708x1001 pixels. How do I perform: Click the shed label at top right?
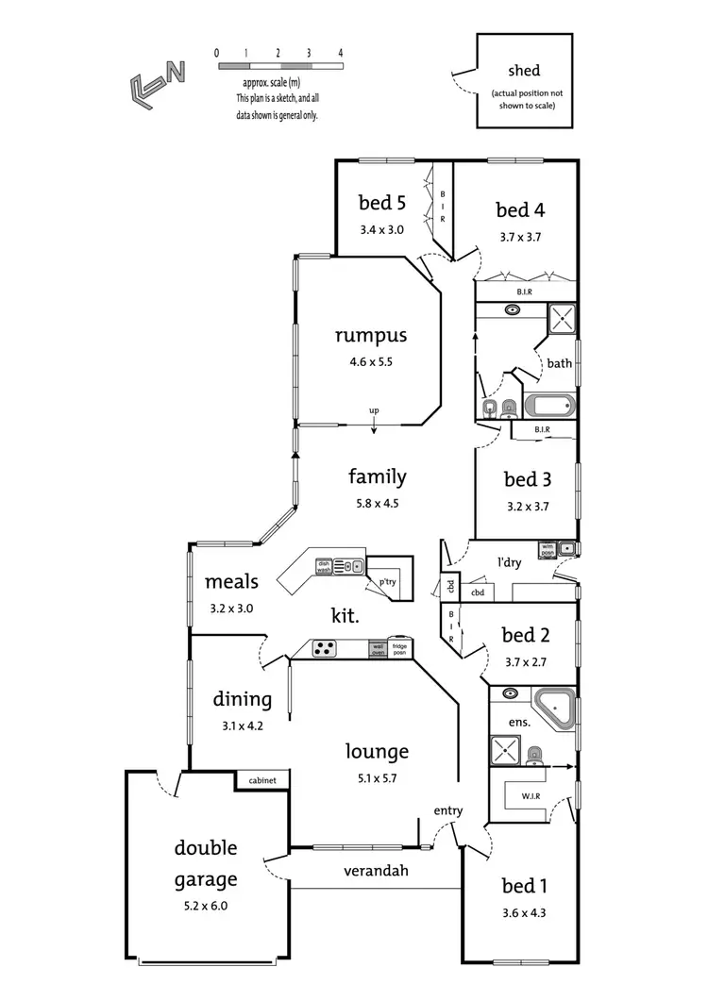523,73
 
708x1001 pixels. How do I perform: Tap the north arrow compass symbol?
156,81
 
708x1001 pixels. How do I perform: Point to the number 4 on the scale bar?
340,53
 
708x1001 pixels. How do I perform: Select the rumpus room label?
370,335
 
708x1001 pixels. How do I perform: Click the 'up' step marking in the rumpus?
374,411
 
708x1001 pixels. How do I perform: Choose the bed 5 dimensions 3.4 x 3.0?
381,229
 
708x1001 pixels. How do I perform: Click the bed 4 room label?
521,209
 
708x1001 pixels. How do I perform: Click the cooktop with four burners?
326,648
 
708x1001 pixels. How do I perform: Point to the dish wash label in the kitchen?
324,566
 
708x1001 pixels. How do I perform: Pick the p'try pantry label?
388,582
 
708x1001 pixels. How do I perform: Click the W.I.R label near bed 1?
531,797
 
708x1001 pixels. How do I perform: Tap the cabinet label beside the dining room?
261,781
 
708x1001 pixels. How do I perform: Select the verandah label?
376,871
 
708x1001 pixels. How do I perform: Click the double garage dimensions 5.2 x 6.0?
205,906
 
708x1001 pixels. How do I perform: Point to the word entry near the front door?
447,810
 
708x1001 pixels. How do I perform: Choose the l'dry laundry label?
511,562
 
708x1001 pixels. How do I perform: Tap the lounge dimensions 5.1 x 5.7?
376,778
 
